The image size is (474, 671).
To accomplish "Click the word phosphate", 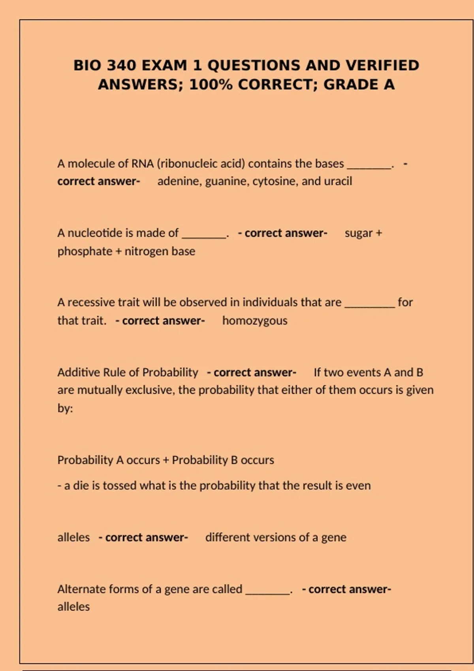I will click(x=85, y=251).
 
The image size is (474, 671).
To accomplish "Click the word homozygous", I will click(x=255, y=321).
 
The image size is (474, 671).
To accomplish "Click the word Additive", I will click(x=79, y=372).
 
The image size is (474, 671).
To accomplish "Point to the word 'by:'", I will click(x=65, y=408).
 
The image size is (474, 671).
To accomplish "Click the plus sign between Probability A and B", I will click(x=166, y=460).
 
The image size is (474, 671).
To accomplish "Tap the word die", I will click(x=81, y=485).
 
